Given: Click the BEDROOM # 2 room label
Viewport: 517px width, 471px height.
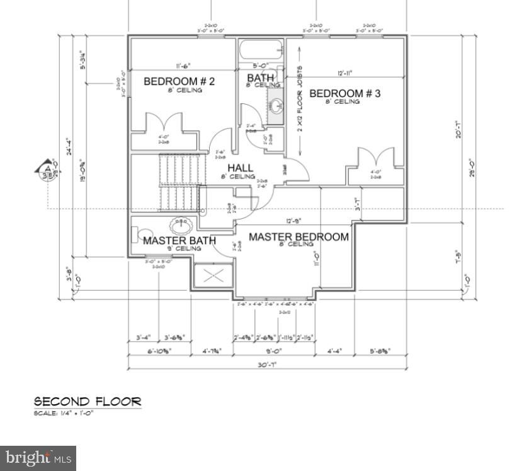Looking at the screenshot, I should point(179,81).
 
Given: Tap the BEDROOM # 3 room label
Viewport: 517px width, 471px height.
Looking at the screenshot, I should point(344,93).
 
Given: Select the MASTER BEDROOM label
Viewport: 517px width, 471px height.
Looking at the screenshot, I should point(298,237).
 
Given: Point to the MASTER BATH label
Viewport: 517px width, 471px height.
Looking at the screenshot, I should point(179,240).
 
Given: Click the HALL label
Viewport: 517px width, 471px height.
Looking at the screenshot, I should point(240,168).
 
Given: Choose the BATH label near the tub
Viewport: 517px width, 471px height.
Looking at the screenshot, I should point(260,78).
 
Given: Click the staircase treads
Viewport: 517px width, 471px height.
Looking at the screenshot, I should point(181,183).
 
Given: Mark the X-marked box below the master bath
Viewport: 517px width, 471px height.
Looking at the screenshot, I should point(213,276).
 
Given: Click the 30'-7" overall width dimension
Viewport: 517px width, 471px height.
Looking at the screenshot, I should point(268,364).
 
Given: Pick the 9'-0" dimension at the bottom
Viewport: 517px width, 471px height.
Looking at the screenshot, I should point(274,351).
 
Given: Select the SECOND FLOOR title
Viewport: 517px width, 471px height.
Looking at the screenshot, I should point(88,402).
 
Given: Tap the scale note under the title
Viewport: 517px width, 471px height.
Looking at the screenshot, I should point(65,413).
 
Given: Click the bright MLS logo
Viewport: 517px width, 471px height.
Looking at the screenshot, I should point(38,458).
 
